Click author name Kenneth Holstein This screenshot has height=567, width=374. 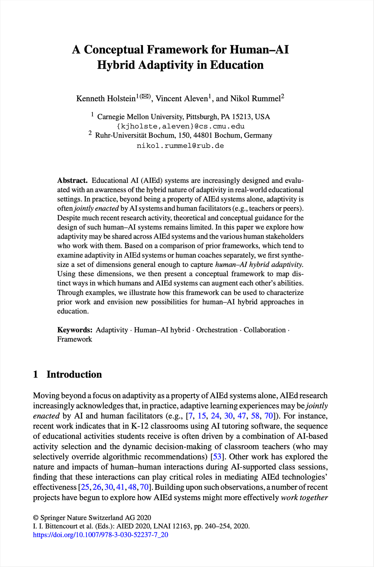click(106, 99)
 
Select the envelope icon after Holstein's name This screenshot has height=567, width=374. click(145, 97)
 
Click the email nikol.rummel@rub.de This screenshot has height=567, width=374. click(180, 146)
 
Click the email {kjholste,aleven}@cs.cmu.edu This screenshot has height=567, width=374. click(180, 126)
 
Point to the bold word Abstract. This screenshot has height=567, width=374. click(72, 180)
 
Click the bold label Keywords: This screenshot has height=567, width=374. click(75, 330)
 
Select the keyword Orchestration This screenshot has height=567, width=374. click(217, 330)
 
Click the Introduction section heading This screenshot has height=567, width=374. click(74, 374)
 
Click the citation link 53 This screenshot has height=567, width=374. click(217, 457)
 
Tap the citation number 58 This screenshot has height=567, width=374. click(255, 416)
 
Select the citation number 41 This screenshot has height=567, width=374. click(120, 487)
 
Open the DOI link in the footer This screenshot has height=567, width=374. click(100, 535)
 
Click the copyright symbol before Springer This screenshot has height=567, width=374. click(36, 518)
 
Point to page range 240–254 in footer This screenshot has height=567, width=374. click(217, 526)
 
